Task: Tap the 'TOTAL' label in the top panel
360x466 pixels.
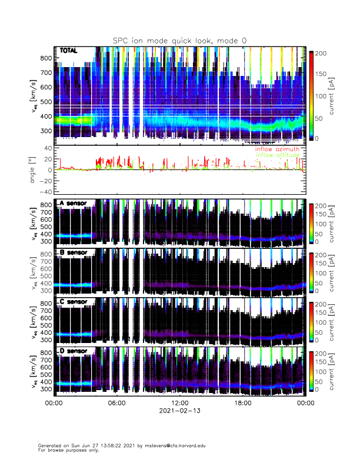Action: click(x=69, y=51)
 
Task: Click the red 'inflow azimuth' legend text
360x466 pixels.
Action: click(x=277, y=149)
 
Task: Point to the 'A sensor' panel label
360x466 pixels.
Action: click(x=72, y=204)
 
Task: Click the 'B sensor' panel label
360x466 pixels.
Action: click(x=72, y=252)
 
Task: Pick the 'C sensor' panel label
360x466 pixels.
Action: click(x=72, y=302)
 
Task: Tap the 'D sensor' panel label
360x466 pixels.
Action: click(x=72, y=351)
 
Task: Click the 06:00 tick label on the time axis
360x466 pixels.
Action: click(x=116, y=403)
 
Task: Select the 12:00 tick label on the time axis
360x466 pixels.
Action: click(x=179, y=403)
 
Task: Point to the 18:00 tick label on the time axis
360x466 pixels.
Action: click(x=242, y=403)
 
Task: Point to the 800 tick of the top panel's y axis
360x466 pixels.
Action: click(x=44, y=58)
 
